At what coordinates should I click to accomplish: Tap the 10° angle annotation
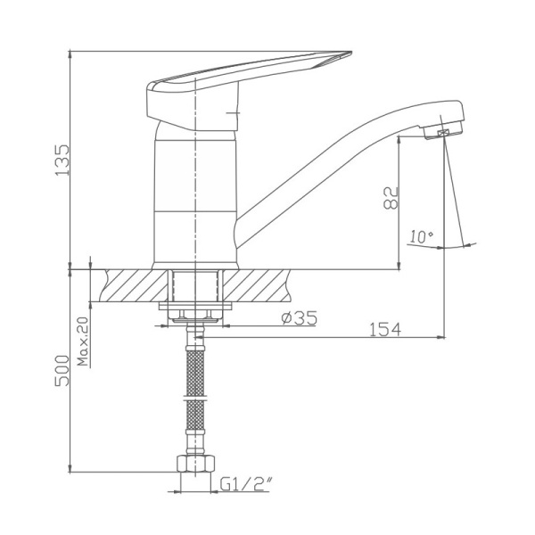(421, 237)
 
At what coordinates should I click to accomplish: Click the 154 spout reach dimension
(385, 329)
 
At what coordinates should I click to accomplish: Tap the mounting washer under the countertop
(194, 307)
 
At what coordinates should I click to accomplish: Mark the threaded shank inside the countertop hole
(194, 285)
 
